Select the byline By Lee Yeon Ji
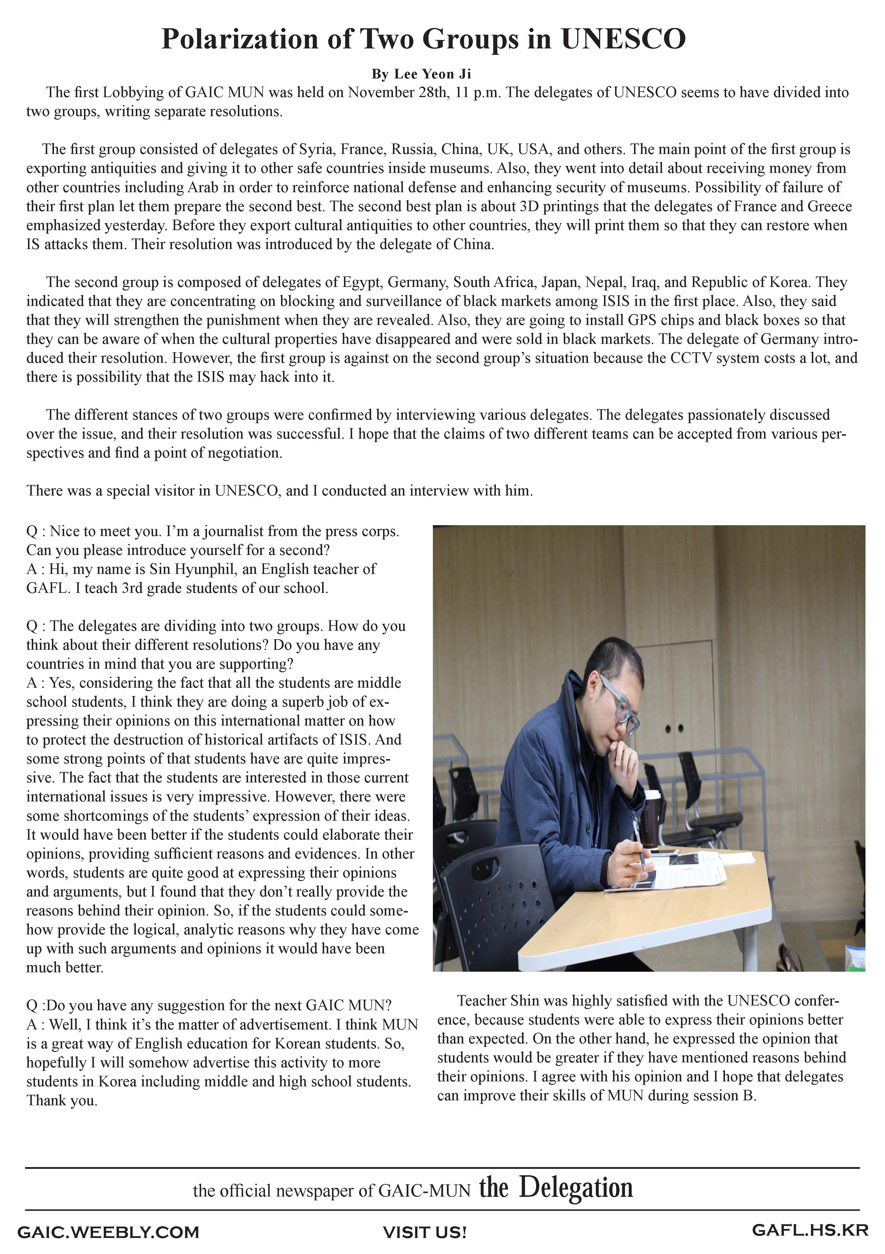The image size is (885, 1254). (x=421, y=74)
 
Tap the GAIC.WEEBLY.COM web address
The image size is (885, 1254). (x=108, y=1233)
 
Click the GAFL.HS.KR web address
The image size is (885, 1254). (x=810, y=1230)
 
